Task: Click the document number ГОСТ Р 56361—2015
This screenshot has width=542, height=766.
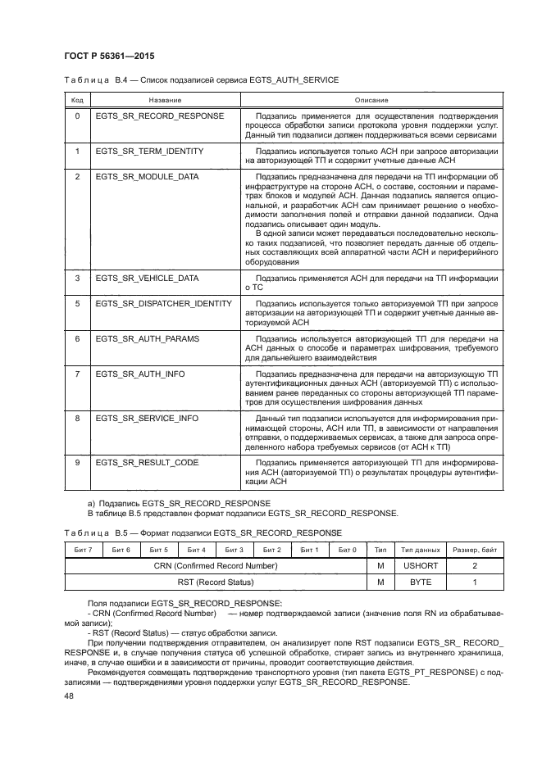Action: point(108,56)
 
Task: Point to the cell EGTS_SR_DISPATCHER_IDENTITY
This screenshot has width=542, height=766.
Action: point(164,303)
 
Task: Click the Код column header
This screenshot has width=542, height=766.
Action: point(77,99)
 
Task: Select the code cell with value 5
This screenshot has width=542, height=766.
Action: point(77,303)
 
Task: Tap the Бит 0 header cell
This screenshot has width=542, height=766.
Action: point(348,549)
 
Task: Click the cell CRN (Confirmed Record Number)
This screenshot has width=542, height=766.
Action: point(216,565)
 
